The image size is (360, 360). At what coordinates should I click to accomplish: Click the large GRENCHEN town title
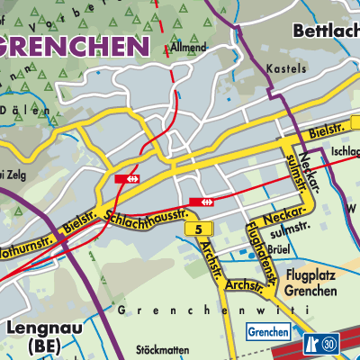click(74, 46)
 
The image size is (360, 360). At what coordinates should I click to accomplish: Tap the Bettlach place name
click(326, 31)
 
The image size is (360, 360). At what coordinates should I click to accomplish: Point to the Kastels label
click(281, 68)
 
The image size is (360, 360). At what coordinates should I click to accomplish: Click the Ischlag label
click(345, 152)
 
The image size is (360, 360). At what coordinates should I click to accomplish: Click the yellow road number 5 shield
click(197, 230)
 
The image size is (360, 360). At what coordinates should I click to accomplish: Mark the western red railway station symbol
click(132, 178)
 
